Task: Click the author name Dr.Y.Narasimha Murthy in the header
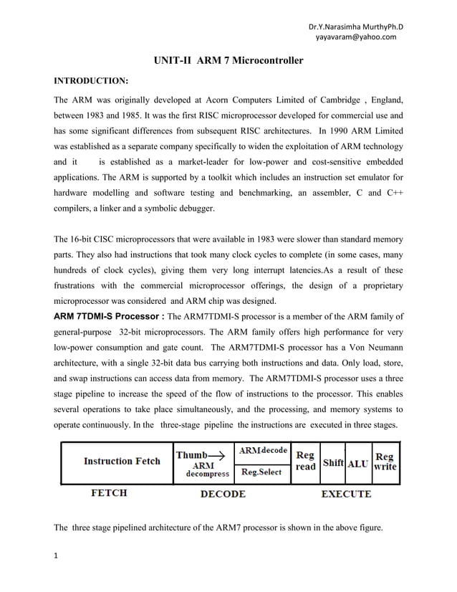[350, 27]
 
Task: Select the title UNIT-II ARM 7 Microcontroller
[228, 62]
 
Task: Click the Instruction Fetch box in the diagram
[117, 462]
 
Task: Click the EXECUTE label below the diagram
[346, 494]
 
